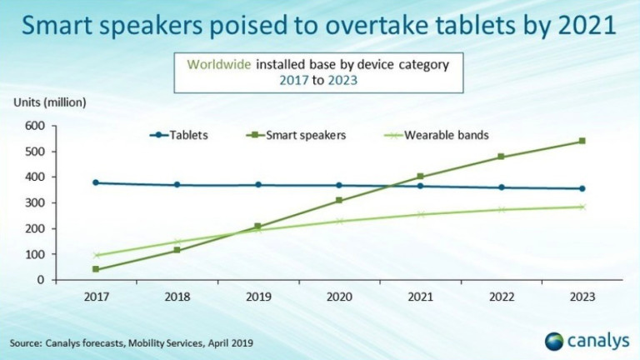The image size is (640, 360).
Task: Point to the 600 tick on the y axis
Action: pyautogui.click(x=34, y=126)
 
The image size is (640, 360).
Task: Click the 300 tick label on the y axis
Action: pyautogui.click(x=34, y=203)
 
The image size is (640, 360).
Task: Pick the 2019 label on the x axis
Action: pyautogui.click(x=257, y=296)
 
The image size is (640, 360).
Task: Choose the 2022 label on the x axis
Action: pyautogui.click(x=501, y=296)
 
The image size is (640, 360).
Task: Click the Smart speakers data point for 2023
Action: pyautogui.click(x=582, y=141)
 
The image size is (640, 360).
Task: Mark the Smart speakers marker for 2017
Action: pyautogui.click(x=96, y=269)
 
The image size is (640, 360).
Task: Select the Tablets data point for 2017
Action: pyautogui.click(x=96, y=182)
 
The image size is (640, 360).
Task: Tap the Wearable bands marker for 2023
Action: pyautogui.click(x=582, y=207)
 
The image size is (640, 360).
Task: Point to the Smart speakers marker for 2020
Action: pyautogui.click(x=339, y=200)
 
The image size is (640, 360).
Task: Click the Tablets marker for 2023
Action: pyautogui.click(x=582, y=188)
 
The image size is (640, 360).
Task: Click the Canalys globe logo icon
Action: pyautogui.click(x=553, y=340)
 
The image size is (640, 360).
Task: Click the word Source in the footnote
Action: pyautogui.click(x=26, y=342)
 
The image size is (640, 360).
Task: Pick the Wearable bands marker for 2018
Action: pyautogui.click(x=177, y=242)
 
